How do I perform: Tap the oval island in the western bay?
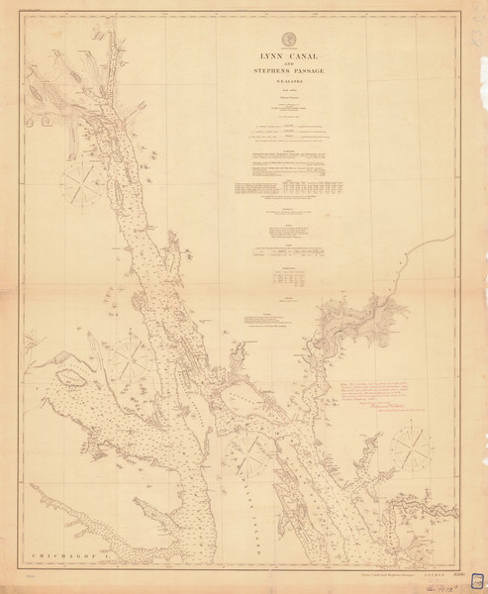pos(71,378)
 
